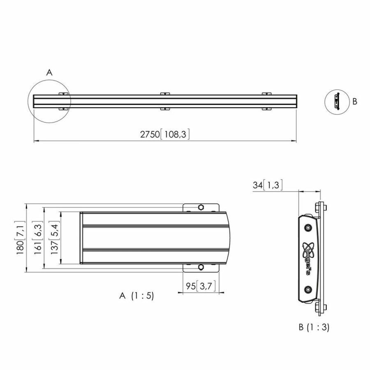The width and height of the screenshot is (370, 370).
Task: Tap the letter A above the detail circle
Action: click(x=49, y=73)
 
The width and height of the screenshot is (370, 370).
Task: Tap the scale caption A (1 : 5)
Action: click(x=136, y=296)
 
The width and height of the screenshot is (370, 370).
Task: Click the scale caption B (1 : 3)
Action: click(x=314, y=328)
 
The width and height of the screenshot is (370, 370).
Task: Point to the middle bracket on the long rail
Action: click(x=165, y=101)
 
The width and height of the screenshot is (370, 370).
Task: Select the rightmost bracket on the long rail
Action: click(x=267, y=101)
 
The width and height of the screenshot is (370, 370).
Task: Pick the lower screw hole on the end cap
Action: click(x=308, y=290)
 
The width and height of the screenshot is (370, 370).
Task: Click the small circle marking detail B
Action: click(x=336, y=101)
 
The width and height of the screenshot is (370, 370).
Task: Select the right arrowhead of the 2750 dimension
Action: click(x=295, y=141)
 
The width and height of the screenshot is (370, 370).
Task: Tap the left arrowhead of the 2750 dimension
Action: click(x=35, y=141)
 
